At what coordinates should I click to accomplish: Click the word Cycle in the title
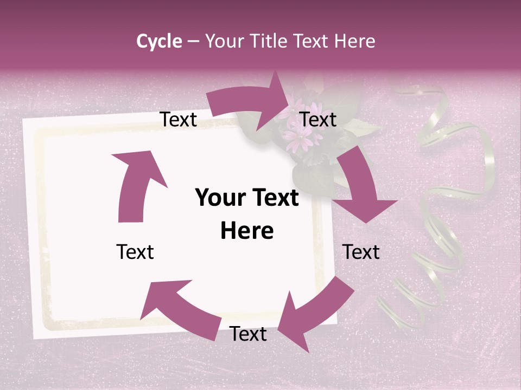coord(159,41)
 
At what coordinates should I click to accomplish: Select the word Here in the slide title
coord(355,41)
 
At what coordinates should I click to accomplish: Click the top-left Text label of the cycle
coord(178,119)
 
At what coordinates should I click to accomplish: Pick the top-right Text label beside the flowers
coord(318,119)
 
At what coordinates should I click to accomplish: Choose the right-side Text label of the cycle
coord(361,252)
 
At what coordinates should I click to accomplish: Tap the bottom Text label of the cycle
coord(248,334)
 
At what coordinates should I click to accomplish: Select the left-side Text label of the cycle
coord(135,252)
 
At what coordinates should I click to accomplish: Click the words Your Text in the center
coord(247,198)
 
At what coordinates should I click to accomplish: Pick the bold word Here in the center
coord(247,231)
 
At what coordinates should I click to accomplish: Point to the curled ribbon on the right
coord(440,206)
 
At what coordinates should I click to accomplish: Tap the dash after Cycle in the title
coord(193,41)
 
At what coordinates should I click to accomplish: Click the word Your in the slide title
coord(223,41)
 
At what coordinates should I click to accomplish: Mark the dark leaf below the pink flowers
coord(309,176)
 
